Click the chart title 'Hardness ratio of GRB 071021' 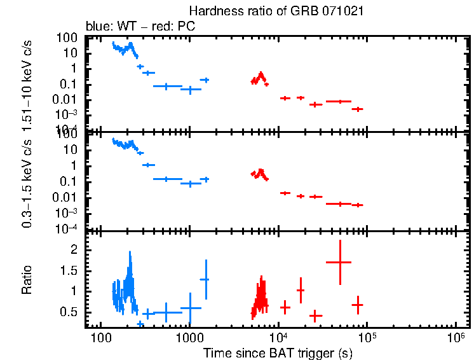276,11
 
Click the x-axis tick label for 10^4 278,336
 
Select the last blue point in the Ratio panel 205,279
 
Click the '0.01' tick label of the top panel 67,99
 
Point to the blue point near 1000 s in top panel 190,90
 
